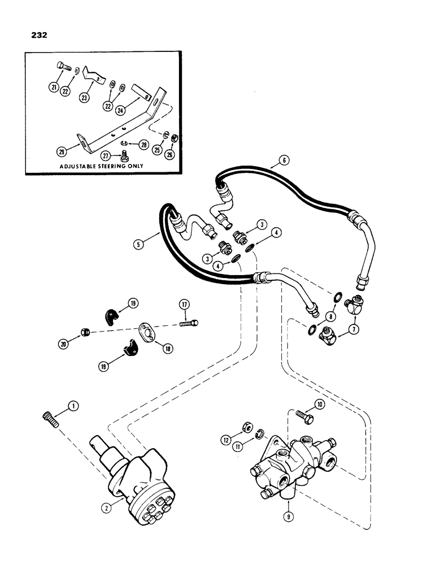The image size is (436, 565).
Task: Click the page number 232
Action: coord(40,34)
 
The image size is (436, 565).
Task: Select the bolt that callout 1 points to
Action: coord(47,421)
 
